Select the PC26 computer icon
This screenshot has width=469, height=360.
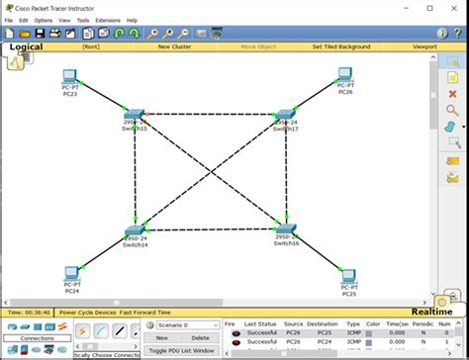344,75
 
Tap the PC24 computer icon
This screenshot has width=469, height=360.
72,274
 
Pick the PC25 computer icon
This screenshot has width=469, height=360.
347,276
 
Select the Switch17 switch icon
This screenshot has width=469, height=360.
286,116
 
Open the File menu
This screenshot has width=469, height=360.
9,20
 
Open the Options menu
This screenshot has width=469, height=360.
44,20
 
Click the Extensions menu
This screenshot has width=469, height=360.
108,20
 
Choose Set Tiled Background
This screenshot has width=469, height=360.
340,46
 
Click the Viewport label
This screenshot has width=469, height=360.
424,46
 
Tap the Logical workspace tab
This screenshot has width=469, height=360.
27,45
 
